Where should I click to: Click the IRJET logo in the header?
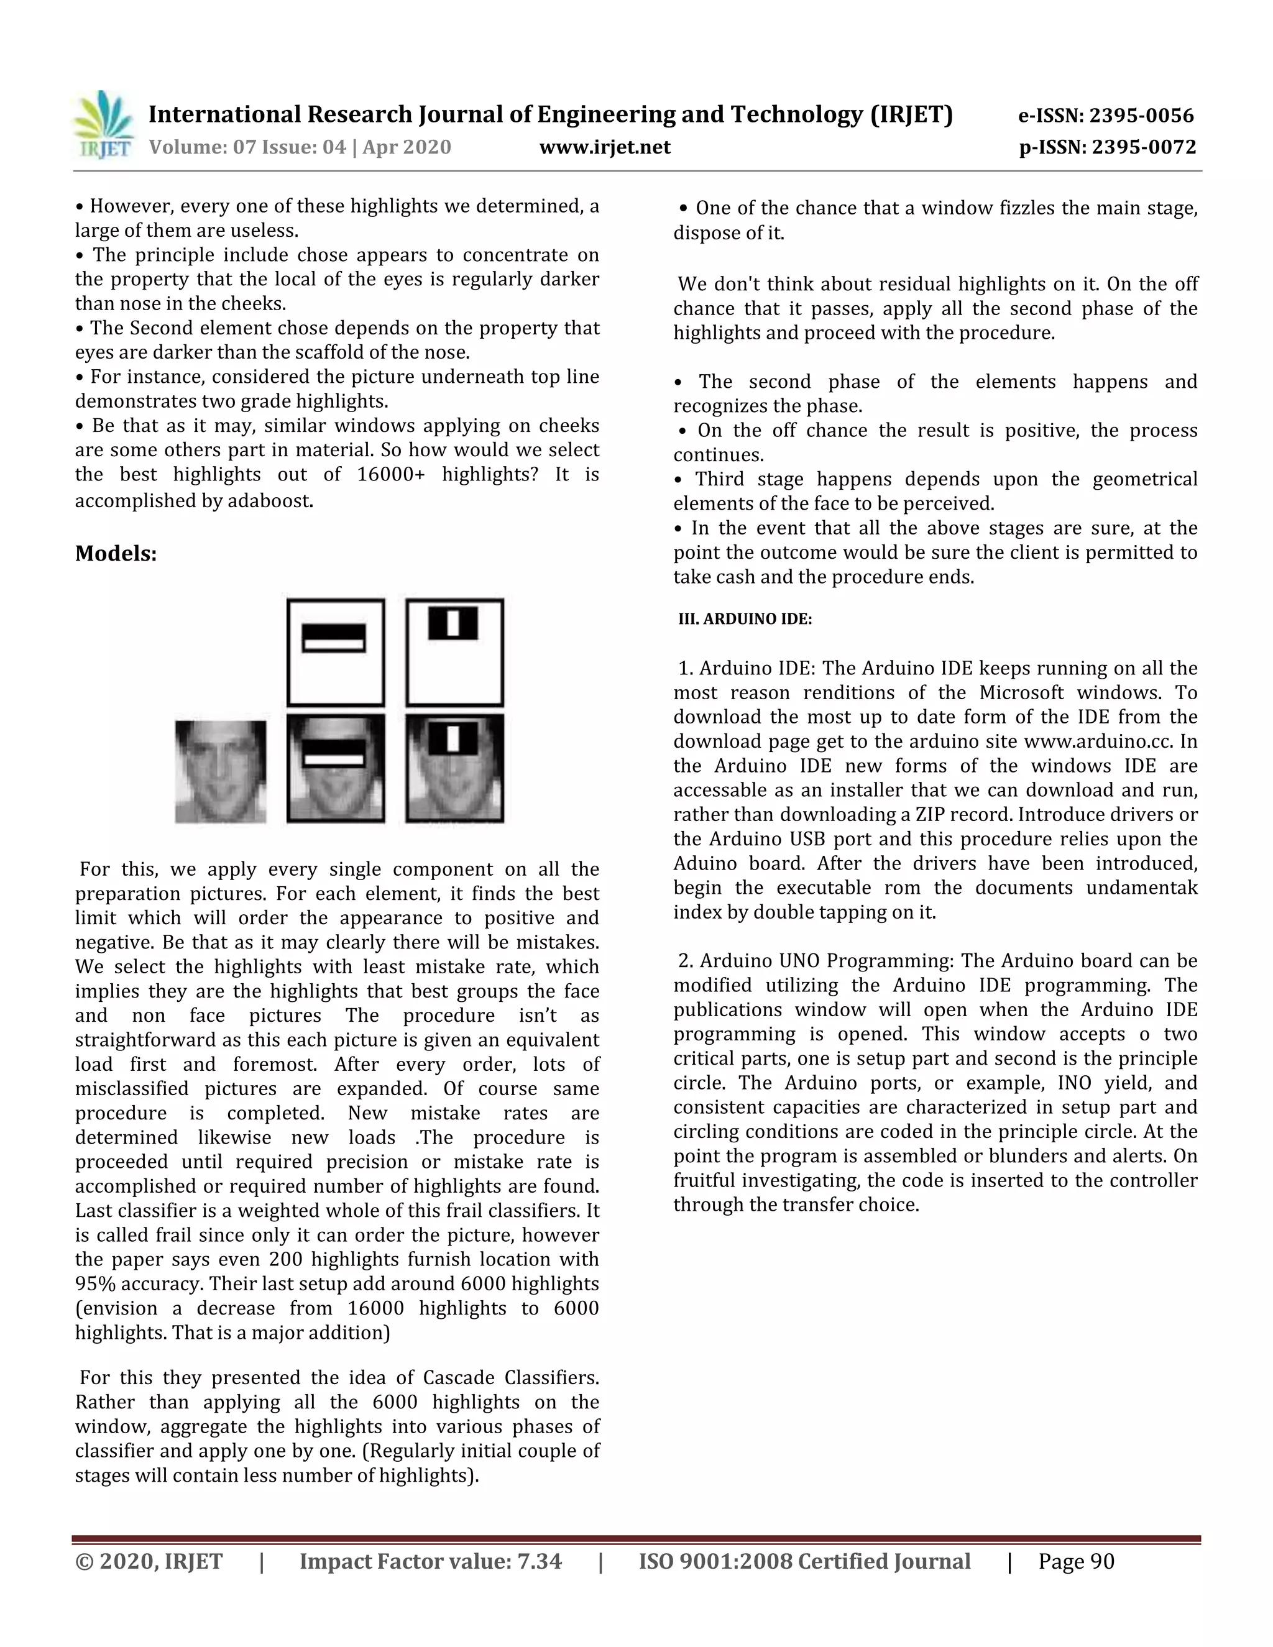point(103,125)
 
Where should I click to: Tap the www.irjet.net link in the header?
point(604,147)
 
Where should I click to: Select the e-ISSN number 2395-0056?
point(1142,116)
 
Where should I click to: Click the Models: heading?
point(116,554)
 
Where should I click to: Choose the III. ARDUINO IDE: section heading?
point(745,619)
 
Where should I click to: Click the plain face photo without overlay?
point(220,771)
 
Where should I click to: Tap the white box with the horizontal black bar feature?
point(336,653)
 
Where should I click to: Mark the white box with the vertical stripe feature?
point(454,653)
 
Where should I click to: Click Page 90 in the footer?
point(1075,1561)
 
